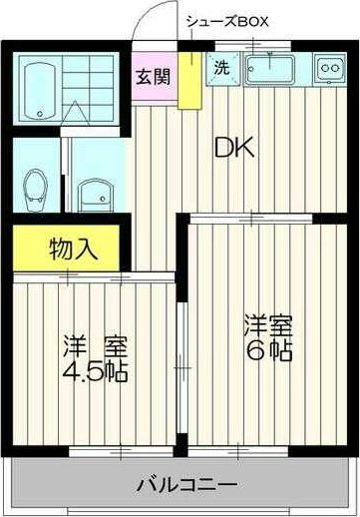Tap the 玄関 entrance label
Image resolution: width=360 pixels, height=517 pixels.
point(153,77)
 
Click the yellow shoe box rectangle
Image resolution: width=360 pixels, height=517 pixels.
point(185,79)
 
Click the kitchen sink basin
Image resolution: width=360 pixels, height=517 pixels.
point(268,69)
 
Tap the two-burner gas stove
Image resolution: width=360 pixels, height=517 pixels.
point(327,69)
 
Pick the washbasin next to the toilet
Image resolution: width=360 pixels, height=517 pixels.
point(93,193)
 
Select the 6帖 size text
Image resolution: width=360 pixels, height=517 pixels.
point(270,351)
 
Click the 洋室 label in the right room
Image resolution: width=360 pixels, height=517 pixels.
point(269,326)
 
